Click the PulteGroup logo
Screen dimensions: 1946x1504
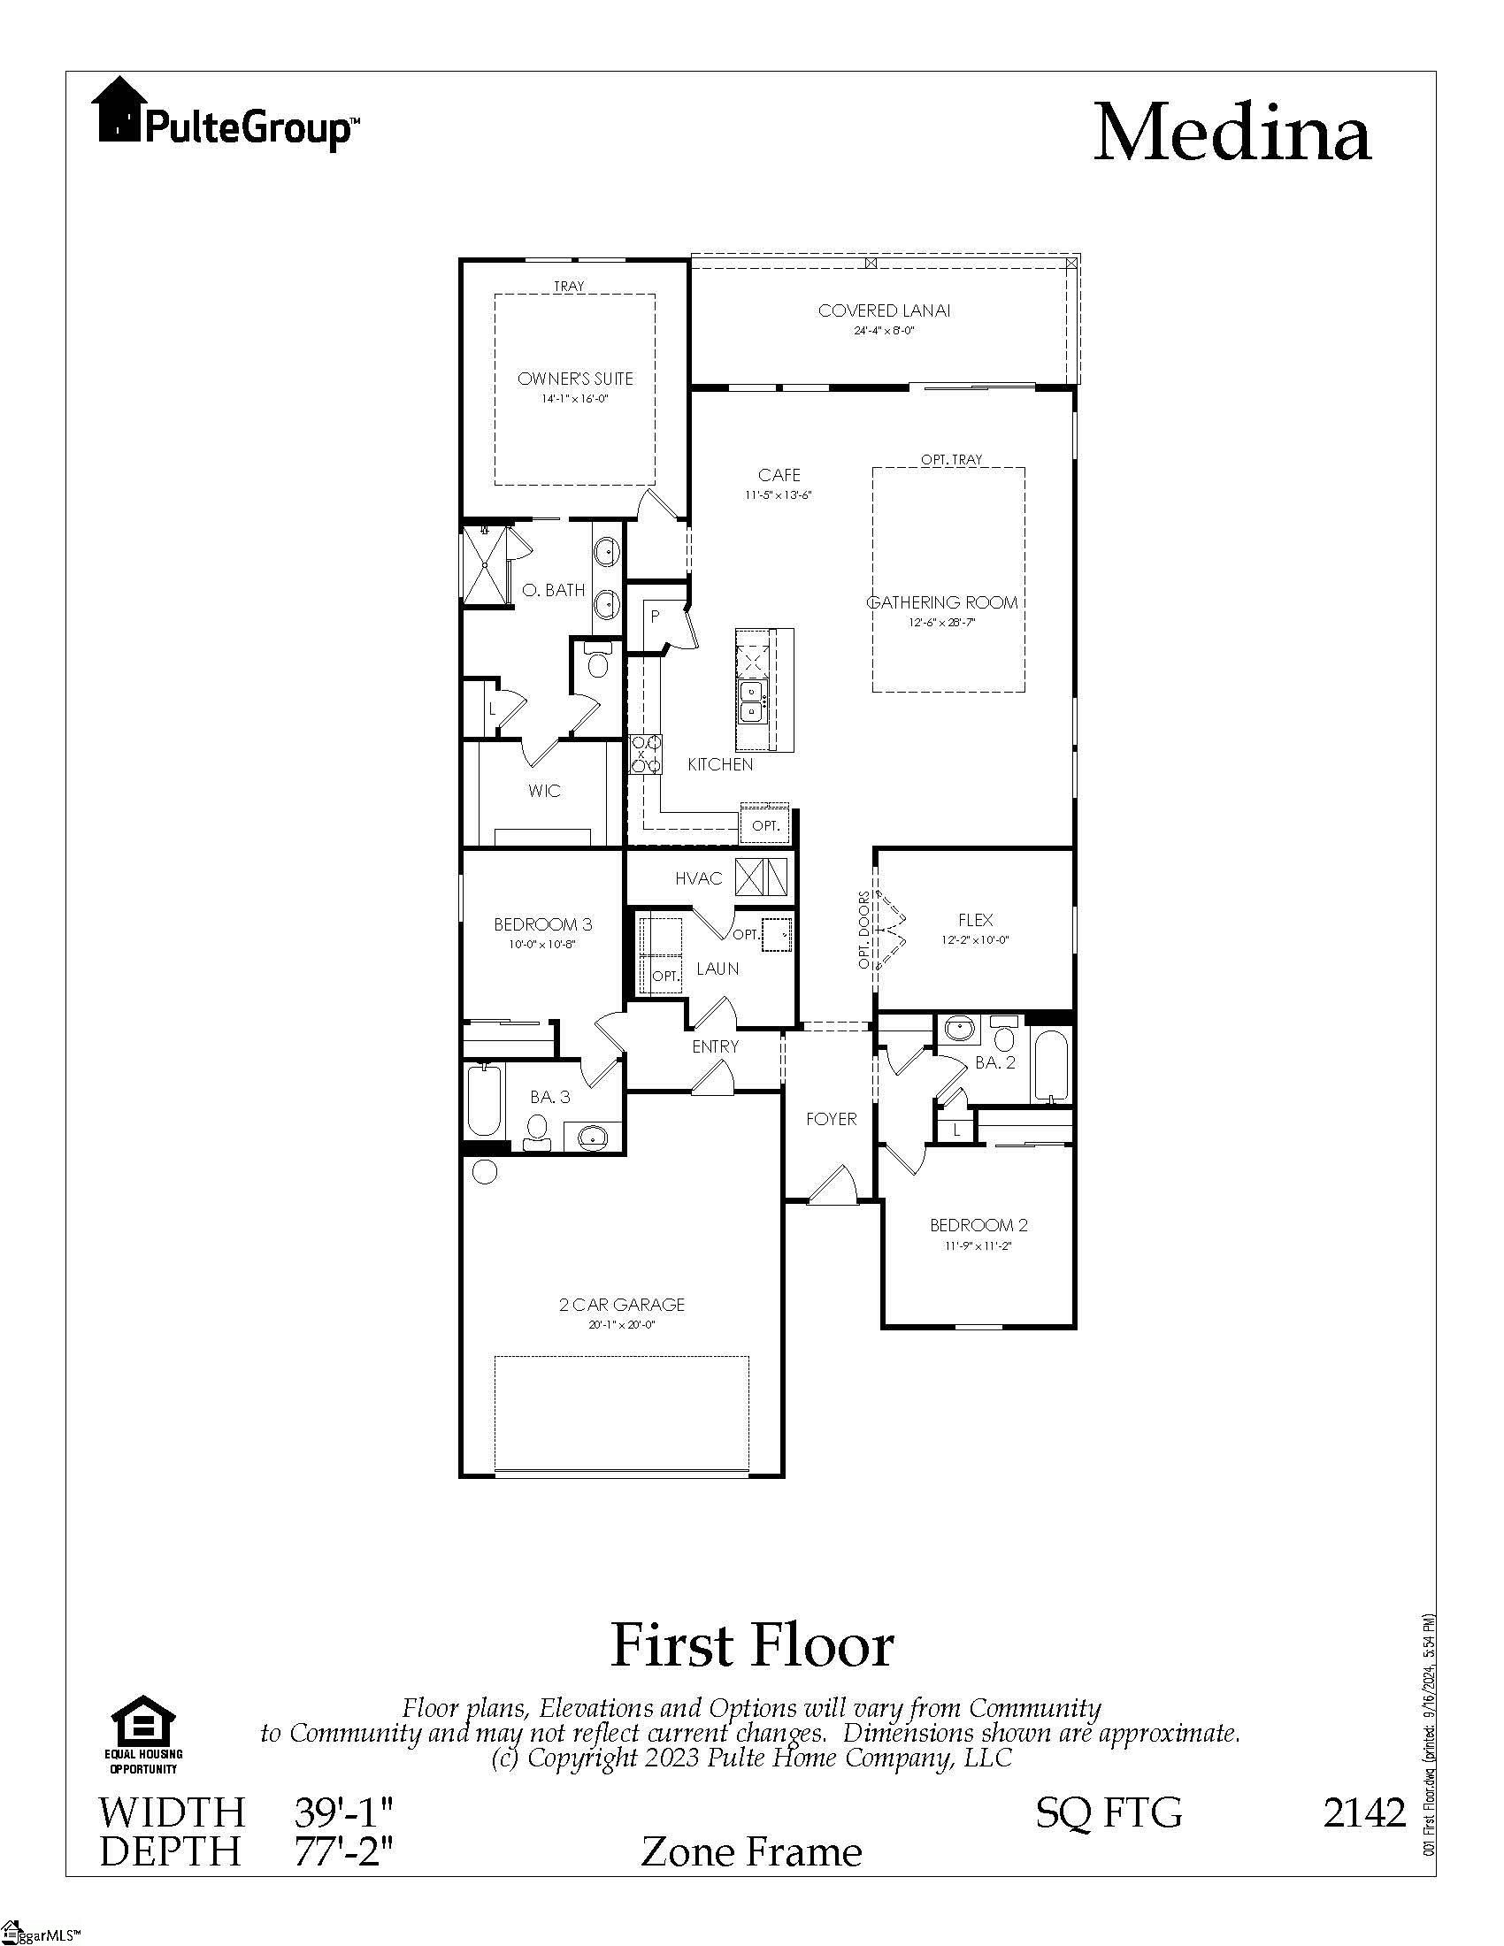tap(226, 113)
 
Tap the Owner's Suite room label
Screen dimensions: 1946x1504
tap(575, 379)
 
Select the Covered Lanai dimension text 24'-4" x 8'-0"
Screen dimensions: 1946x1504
tap(884, 331)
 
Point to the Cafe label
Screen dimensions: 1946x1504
tap(779, 475)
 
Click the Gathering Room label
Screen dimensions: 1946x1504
tap(943, 602)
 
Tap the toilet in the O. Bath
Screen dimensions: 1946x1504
tap(598, 663)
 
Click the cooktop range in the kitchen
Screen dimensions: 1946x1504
tap(645, 754)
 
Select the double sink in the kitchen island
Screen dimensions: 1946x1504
tap(752, 701)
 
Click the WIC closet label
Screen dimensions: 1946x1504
tap(543, 790)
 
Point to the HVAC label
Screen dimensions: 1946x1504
tap(699, 878)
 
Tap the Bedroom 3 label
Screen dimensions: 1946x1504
tap(542, 925)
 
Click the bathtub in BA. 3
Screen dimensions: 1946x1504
tap(484, 1101)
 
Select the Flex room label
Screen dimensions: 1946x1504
tap(975, 920)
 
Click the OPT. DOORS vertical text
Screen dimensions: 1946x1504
tap(863, 931)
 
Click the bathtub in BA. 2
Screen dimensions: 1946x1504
tap(1051, 1066)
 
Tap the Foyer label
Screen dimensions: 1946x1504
tap(831, 1119)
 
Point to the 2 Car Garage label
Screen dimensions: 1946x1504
tap(621, 1305)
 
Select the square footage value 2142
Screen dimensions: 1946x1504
tap(1363, 1812)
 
